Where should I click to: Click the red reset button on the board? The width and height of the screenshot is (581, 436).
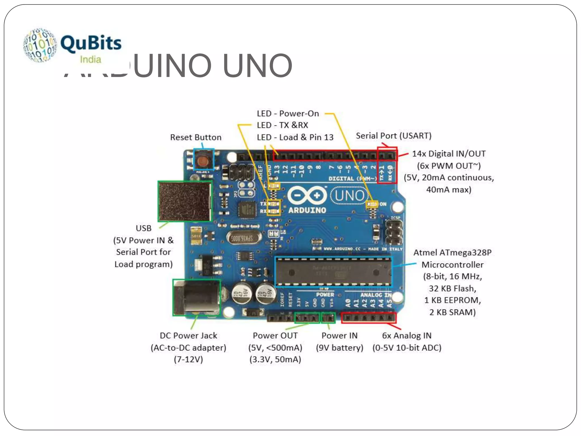coord(203,161)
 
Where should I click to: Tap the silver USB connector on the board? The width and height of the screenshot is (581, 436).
coord(185,201)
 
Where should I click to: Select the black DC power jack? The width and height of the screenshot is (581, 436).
coord(196,297)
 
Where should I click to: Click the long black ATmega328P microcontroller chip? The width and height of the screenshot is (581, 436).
coord(333,272)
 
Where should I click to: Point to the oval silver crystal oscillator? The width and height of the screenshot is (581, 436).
coord(244,238)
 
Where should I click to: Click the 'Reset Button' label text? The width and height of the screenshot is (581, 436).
coord(196,137)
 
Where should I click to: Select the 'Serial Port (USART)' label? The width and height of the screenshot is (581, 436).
coord(393,136)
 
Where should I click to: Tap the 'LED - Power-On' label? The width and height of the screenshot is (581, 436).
coord(288,114)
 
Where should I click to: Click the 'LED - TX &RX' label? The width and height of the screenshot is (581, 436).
coord(282,125)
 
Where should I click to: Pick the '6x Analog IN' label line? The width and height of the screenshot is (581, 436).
coord(407,336)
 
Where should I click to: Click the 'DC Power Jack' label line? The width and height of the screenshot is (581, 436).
coord(188,336)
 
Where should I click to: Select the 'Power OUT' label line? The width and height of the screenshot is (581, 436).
coord(275,336)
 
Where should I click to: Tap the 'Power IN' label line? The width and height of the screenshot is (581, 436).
coord(339,336)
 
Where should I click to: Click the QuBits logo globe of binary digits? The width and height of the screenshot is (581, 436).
coord(40,45)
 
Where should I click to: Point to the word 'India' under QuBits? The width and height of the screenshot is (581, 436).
coord(90,60)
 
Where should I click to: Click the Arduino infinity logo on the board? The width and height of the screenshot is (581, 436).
coord(307,195)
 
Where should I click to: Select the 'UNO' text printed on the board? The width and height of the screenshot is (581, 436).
coord(350,196)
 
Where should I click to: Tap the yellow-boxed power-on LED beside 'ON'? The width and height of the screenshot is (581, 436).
coord(372,204)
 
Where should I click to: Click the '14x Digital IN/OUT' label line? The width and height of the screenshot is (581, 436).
coord(449,154)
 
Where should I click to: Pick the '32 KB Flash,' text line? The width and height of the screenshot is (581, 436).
coord(452,288)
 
